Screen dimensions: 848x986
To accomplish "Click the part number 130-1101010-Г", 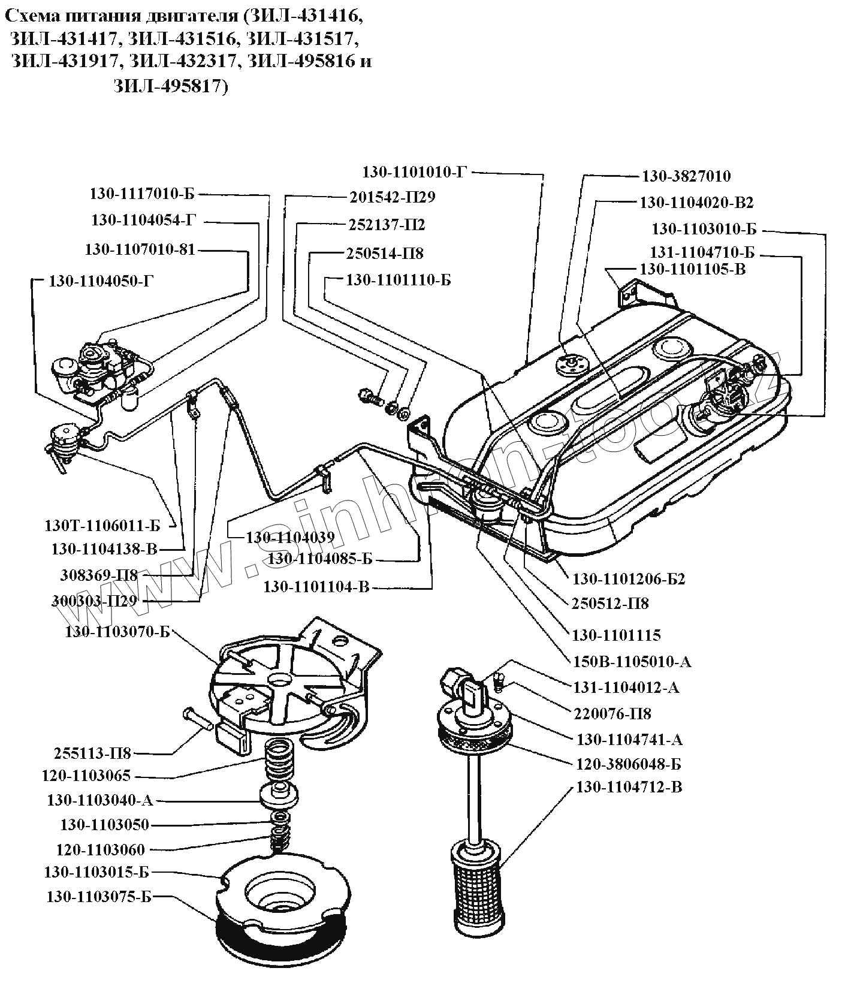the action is (414, 172).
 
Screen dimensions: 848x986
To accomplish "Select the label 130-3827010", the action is (686, 176).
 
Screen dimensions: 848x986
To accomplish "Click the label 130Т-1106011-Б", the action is (102, 526).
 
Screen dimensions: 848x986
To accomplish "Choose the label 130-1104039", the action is (290, 537).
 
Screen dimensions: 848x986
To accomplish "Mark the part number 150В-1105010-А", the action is (632, 661).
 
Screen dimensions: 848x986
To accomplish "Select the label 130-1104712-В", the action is (629, 787).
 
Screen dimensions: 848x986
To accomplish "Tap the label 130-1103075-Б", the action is (99, 897).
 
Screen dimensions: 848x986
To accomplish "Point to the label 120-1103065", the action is (86, 776).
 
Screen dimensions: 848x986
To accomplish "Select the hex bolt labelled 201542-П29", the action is (370, 397).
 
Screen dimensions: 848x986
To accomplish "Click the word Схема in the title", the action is (29, 17).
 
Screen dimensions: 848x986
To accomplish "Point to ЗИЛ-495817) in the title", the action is (171, 87).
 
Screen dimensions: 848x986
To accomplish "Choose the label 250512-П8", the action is (610, 602).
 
